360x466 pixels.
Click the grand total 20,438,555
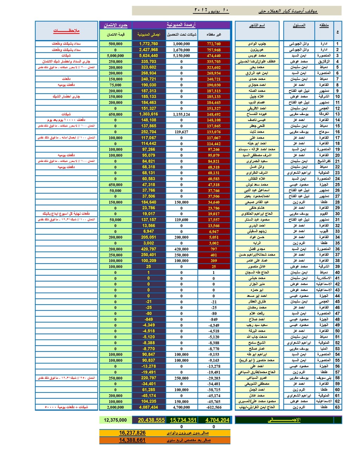[151, 420]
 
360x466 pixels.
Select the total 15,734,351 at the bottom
[183, 420]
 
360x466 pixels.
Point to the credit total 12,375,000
[115, 420]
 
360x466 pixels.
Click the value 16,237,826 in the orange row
[132, 433]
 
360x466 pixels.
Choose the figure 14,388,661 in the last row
[132, 440]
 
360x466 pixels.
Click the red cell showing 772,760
[214, 44]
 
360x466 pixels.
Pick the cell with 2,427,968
[148, 50]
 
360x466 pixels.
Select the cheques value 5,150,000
[181, 56]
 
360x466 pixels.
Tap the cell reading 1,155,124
[181, 114]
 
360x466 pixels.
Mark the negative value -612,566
[214, 407]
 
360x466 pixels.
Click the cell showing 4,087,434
[148, 407]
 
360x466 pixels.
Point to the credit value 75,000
[115, 85]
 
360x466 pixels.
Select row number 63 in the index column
[337, 407]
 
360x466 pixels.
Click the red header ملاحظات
[66, 31]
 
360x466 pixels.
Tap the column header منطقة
[324, 25]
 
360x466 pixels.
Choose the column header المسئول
[299, 25]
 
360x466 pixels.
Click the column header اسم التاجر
[257, 25]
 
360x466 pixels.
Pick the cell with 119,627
[181, 132]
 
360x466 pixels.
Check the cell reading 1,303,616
[148, 114]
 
